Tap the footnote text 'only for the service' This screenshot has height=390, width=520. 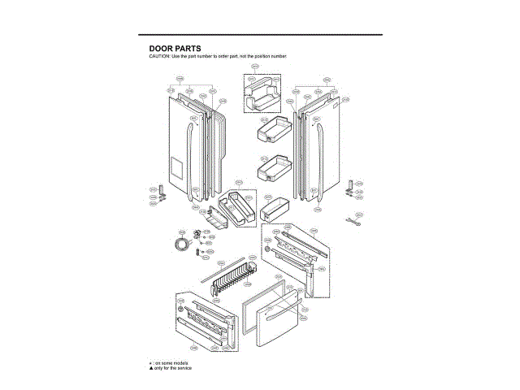click(x=172, y=368)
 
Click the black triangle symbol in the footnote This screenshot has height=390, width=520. click(x=150, y=368)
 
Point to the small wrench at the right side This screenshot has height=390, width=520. click(x=355, y=219)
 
